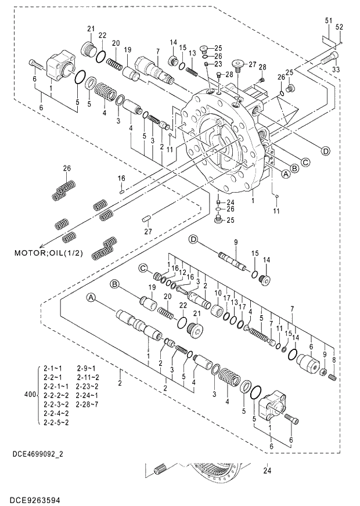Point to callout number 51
tap(328, 21)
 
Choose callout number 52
tap(340, 27)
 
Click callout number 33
tap(335, 70)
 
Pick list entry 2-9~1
tap(85, 368)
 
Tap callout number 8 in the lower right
tap(333, 360)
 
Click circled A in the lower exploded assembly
tap(91, 297)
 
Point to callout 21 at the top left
tap(91, 29)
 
